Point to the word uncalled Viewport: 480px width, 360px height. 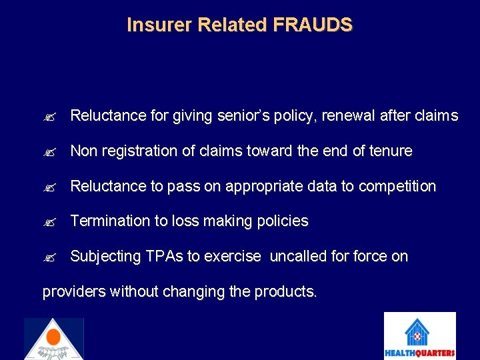coord(297,257)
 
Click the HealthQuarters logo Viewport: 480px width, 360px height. coord(419,336)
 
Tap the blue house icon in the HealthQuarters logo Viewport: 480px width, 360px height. coord(419,331)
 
